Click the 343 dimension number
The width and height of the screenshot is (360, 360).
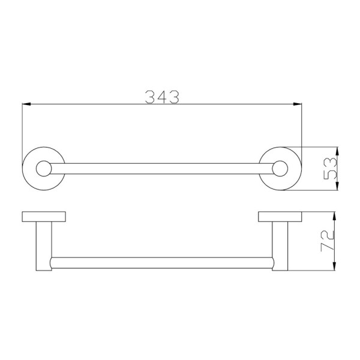pos(162,97)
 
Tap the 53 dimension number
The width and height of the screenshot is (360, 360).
pos(329,169)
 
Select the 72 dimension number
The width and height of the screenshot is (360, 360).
pos(328,241)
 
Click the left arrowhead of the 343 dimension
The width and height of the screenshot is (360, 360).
pos(26,104)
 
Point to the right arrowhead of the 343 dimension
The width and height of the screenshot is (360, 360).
pos(298,104)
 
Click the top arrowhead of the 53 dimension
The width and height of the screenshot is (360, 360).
pos(337,151)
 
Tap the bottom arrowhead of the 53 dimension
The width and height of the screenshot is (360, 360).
pos(337,186)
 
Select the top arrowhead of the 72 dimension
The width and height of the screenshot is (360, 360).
pos(334,216)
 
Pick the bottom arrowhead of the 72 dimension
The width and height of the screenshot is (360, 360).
pos(334,266)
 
